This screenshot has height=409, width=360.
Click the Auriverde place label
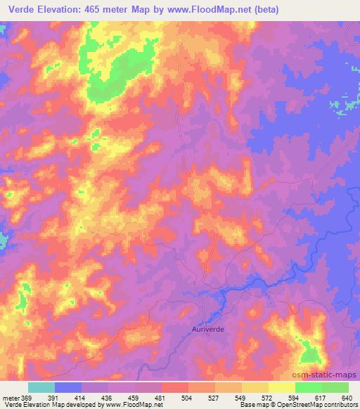pos(210,327)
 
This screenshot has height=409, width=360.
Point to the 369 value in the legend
pos(27,398)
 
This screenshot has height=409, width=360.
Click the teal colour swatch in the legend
pos(41,387)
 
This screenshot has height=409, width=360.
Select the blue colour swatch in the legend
pos(68,387)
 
